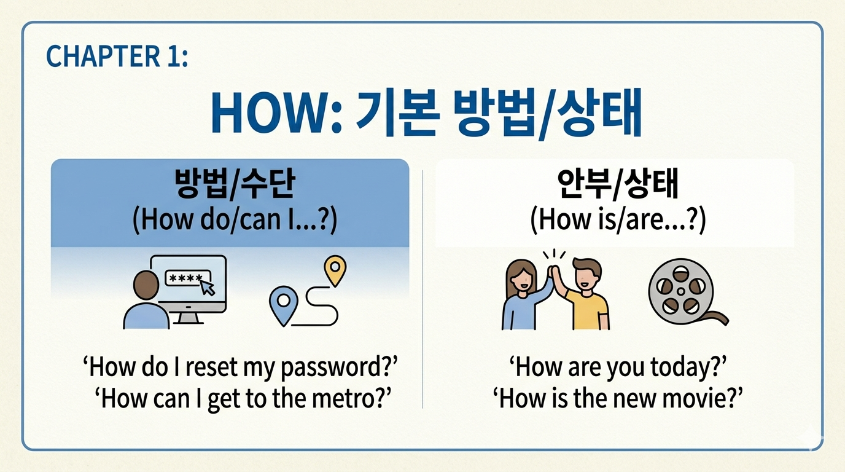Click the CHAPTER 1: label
pos(117,57)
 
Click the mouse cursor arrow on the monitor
pos(208,287)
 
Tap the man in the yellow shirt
pos(585,295)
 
